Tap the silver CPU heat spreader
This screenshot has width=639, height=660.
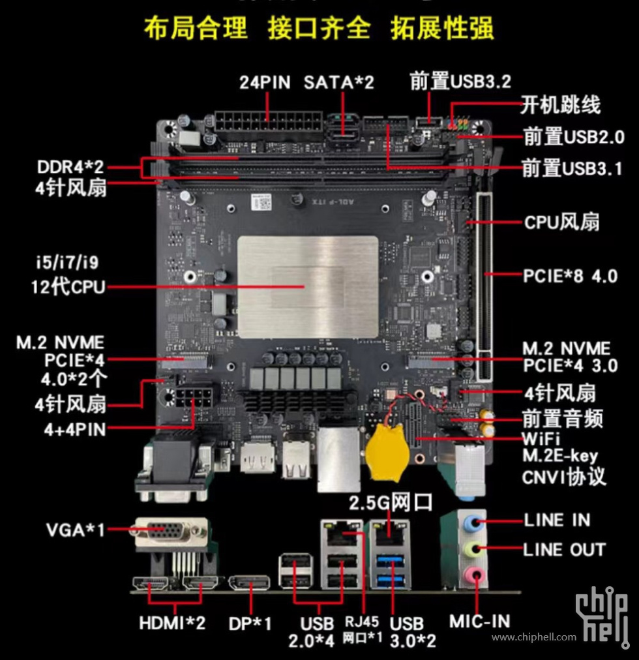(x=308, y=287)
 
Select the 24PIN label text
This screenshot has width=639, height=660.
(x=265, y=82)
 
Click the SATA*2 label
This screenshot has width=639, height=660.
(x=339, y=82)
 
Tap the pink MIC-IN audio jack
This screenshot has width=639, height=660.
(x=472, y=574)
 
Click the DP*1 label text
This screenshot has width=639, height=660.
(x=250, y=623)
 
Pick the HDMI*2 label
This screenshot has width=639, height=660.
(x=172, y=623)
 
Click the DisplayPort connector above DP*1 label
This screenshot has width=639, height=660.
(x=249, y=582)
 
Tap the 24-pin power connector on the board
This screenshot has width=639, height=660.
(x=268, y=122)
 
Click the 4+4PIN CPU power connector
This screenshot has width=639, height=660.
(x=194, y=398)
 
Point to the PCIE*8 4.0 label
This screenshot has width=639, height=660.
(x=570, y=277)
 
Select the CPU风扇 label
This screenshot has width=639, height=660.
(x=561, y=222)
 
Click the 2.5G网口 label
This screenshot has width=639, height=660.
(x=391, y=503)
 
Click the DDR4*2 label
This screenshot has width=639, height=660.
(x=70, y=167)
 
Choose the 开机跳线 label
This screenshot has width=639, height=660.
(x=561, y=105)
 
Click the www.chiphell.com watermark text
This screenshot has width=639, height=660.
(x=534, y=637)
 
